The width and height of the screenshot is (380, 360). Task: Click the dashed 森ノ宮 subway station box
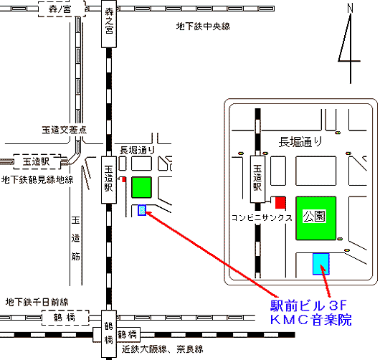(x=62, y=9)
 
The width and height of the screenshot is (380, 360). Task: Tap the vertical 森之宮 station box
(x=109, y=24)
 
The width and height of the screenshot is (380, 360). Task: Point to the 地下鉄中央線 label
(x=203, y=27)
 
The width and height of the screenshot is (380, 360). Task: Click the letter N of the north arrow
(x=350, y=8)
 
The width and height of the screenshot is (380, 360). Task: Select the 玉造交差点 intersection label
(x=65, y=130)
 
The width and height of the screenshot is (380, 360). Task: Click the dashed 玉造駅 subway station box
(x=37, y=161)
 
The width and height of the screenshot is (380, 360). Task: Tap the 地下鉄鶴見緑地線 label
(x=37, y=180)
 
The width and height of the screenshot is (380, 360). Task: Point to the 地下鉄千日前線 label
(x=37, y=302)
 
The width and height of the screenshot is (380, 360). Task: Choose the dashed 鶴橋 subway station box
(x=65, y=318)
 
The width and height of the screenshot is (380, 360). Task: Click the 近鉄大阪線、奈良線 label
(x=162, y=349)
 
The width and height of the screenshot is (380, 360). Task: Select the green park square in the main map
(x=141, y=187)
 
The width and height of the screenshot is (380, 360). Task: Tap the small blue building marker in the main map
(x=142, y=210)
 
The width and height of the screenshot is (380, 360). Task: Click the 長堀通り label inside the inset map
(x=300, y=142)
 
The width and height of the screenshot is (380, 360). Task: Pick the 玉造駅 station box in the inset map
(x=257, y=179)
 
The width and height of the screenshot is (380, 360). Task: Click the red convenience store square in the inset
(x=280, y=203)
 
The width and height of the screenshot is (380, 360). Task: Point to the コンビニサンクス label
(x=262, y=218)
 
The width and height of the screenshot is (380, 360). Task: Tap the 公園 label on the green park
(x=314, y=217)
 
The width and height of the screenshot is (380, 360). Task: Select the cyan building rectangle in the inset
(x=321, y=264)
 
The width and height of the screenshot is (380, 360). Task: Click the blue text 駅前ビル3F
(x=308, y=305)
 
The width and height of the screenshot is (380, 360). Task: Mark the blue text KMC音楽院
(x=310, y=320)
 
